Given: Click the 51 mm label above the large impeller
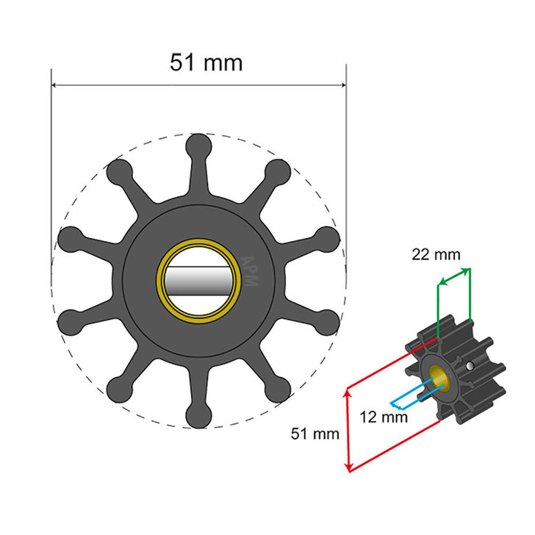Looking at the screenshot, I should tap(206, 62).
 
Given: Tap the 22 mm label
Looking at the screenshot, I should tap(436, 255).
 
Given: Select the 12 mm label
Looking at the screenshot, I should tap(384, 417).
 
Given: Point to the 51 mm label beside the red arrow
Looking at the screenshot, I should tap(315, 434).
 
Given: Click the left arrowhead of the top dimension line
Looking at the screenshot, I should tap(54, 85).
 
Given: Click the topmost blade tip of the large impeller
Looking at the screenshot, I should tap(199, 144).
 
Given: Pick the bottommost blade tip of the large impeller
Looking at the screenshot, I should tap(198, 417).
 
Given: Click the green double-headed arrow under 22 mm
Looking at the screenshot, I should tap(454, 277).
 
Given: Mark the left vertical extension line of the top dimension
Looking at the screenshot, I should tap(51, 184).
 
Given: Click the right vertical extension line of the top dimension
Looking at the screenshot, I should tap(345, 184).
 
